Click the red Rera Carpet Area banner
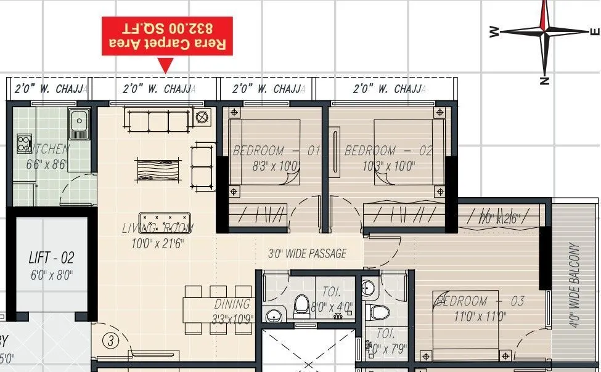pyautogui.click(x=166, y=36)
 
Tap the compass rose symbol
pyautogui.click(x=544, y=32)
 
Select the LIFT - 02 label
pyautogui.click(x=51, y=257)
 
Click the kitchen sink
pyautogui.click(x=80, y=124)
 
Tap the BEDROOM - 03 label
pyautogui.click(x=480, y=301)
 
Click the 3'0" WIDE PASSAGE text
pyautogui.click(x=307, y=253)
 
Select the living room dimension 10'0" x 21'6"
pyautogui.click(x=157, y=243)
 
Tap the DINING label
pyautogui.click(x=232, y=304)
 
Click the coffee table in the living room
pyautogui.click(x=157, y=168)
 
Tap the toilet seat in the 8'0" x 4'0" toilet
pyautogui.click(x=301, y=305)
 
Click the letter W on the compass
pyautogui.click(x=494, y=31)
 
